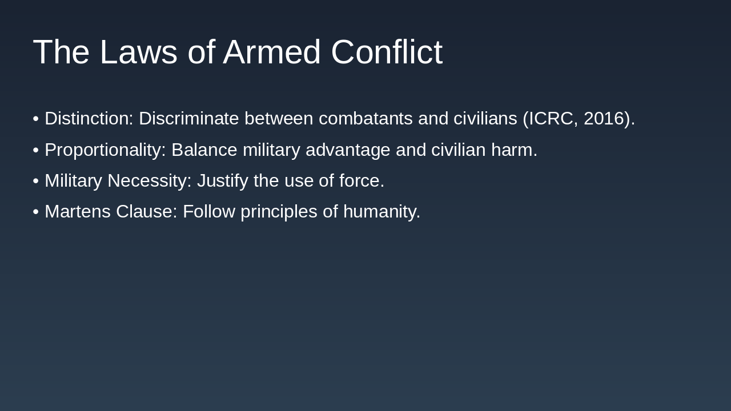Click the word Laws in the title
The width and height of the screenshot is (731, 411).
click(x=138, y=52)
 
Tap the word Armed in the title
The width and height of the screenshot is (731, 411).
click(x=271, y=52)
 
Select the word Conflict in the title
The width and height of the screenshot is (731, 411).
click(x=387, y=52)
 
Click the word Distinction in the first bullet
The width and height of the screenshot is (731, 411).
click(x=89, y=119)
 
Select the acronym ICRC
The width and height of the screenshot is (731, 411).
click(x=551, y=119)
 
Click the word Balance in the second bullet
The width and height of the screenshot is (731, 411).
click(x=204, y=150)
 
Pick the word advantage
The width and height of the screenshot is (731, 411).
click(x=348, y=150)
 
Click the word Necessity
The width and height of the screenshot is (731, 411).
click(x=149, y=181)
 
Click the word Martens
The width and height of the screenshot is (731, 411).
click(x=77, y=212)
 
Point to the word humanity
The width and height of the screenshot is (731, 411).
click(x=381, y=212)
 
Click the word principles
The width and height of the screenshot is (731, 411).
click(x=279, y=212)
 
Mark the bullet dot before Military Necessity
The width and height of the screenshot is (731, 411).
click(x=35, y=181)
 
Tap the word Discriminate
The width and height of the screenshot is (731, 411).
click(x=188, y=119)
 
